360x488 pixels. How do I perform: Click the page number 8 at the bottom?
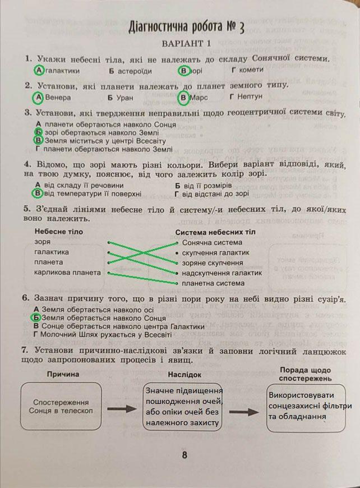point(184,455)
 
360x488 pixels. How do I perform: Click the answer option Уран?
point(125,98)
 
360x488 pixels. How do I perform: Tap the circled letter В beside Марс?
point(183,98)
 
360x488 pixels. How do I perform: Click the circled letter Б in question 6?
point(38,318)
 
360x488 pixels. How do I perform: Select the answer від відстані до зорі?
point(216,194)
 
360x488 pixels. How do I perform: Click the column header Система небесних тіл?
point(215,232)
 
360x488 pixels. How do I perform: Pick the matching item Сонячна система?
point(212,243)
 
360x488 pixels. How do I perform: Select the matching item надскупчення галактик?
point(221,273)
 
